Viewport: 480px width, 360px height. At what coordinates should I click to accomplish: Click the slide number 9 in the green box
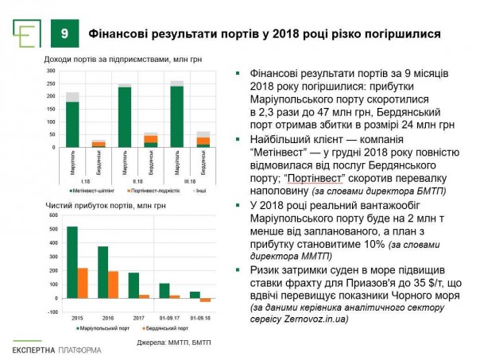[64, 35]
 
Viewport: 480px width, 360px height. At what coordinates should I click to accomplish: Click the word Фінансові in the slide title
[119, 35]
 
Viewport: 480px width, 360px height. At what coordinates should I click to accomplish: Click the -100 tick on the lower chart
[52, 312]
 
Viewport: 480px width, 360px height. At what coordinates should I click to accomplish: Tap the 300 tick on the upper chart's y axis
[51, 72]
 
